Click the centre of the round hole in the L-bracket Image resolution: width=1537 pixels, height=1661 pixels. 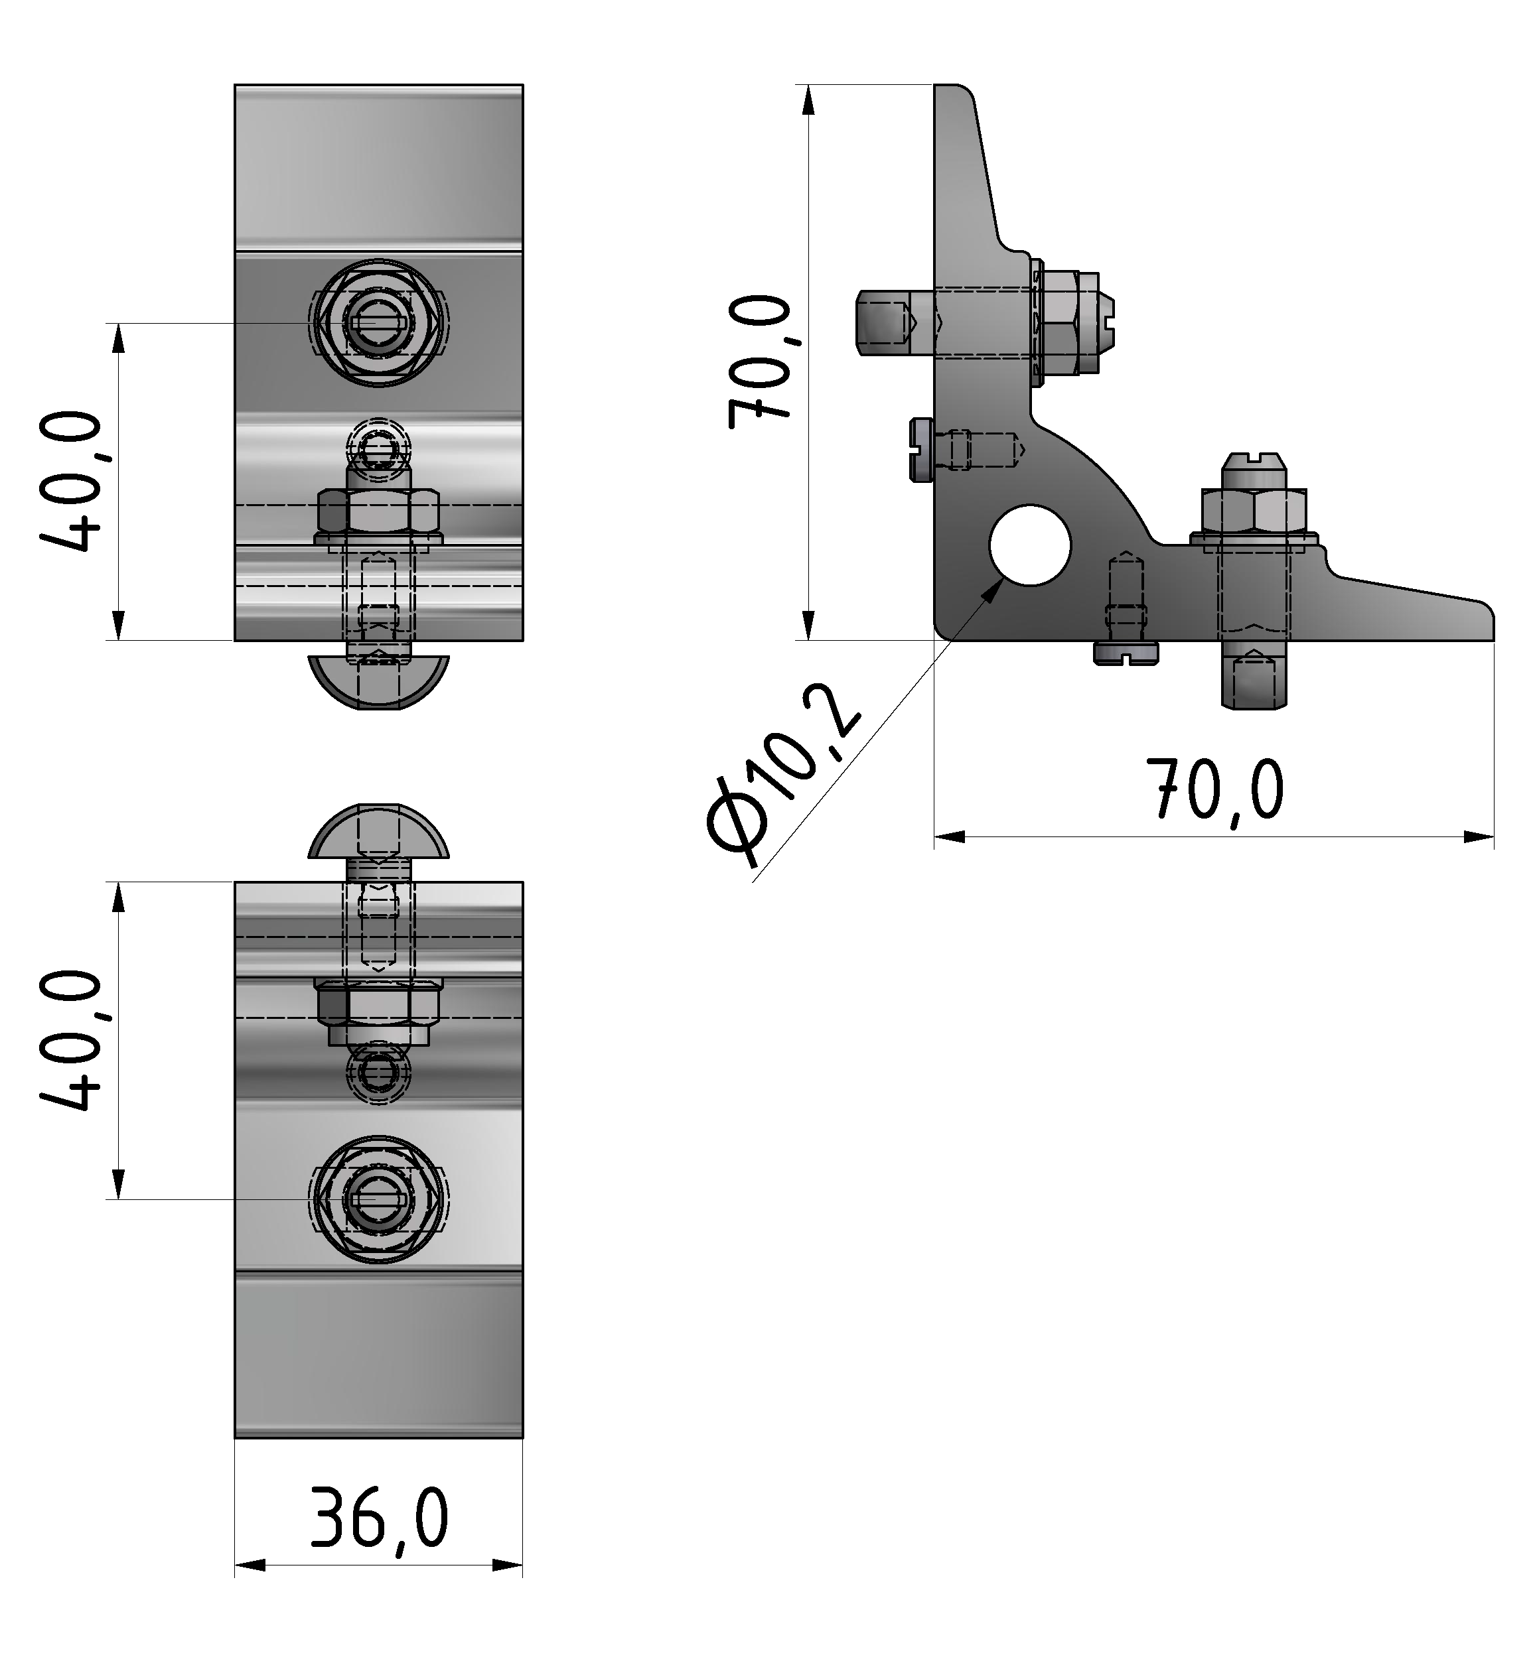1030,545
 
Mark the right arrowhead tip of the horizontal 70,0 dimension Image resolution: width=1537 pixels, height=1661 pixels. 1494,836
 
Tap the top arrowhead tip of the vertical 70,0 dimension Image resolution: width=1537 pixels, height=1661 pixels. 809,86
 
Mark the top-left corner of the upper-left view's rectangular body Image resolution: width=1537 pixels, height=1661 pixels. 236,85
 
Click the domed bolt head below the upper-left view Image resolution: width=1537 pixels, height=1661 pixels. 378,682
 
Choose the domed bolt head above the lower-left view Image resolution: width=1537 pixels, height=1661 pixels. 378,831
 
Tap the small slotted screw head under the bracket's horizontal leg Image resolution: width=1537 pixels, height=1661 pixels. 1126,653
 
